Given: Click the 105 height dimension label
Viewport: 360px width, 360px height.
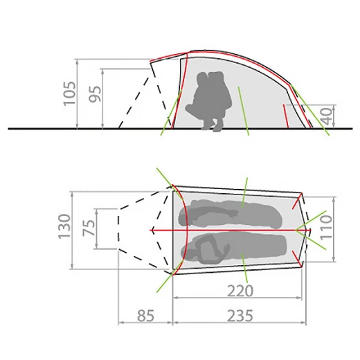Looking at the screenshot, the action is (x=70, y=93).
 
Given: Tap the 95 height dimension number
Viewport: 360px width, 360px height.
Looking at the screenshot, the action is (x=96, y=94).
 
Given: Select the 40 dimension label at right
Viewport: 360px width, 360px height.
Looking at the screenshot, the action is (x=328, y=116).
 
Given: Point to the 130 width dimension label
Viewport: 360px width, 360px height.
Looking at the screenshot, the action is (x=64, y=226).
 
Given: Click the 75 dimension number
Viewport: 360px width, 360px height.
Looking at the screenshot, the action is (x=89, y=228).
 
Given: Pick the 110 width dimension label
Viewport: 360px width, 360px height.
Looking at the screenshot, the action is (x=326, y=228).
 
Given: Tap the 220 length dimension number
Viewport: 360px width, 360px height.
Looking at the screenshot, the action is (x=240, y=291).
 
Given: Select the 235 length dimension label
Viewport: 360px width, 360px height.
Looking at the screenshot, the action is (x=240, y=316).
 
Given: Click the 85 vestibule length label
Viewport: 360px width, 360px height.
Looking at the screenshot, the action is (x=145, y=316).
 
